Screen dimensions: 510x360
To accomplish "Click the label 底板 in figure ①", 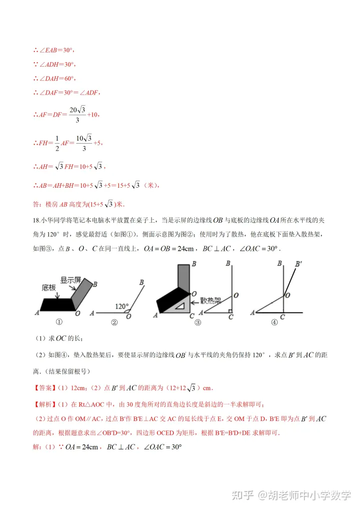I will click(49, 288).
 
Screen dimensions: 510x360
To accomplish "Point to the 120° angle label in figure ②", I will click(122, 306).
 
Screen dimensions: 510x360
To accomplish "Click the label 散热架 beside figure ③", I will click(210, 300).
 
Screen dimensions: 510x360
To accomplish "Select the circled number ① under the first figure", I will click(58, 323).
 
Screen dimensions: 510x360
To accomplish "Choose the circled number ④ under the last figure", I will click(274, 323).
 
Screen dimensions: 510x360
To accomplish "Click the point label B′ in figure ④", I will click(299, 263).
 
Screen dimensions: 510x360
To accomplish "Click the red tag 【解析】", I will click(43, 404).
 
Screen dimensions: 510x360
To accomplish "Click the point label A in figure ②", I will click(91, 313).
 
